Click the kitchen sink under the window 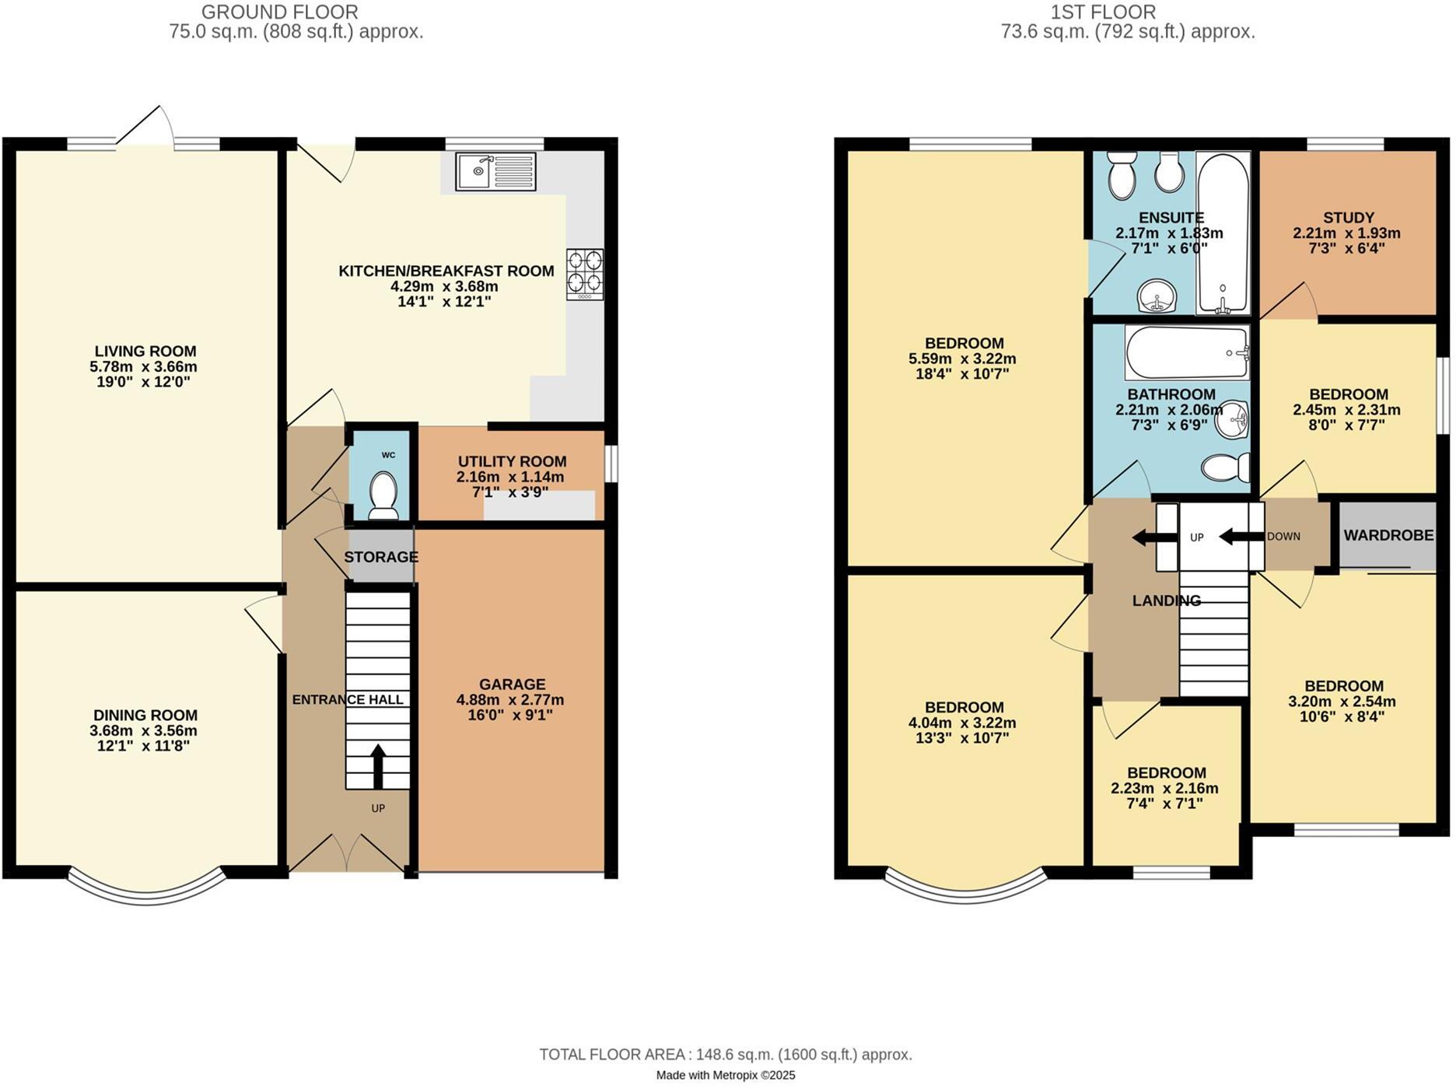tap(496, 172)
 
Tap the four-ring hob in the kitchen tap(585, 274)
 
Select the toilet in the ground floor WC tap(383, 495)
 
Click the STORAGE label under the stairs tap(381, 557)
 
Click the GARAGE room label tap(512, 685)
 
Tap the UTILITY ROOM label tap(512, 461)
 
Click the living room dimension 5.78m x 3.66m tap(144, 366)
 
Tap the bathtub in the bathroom tap(1187, 352)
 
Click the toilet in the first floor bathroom tap(1226, 467)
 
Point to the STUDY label tap(1348, 218)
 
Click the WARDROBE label tap(1388, 535)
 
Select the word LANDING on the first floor tap(1166, 601)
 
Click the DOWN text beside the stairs tap(1283, 537)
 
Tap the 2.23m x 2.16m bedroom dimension tap(1164, 788)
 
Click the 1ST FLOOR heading tap(1103, 12)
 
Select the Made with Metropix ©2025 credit tap(726, 1075)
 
